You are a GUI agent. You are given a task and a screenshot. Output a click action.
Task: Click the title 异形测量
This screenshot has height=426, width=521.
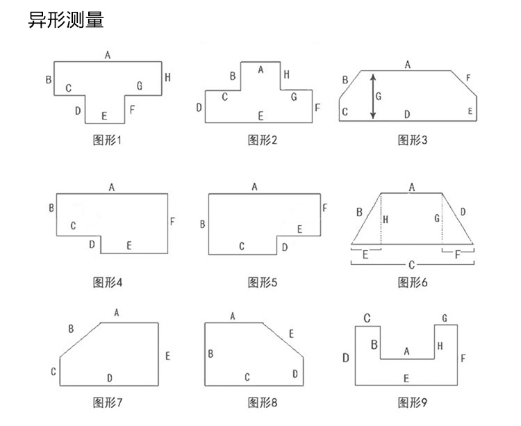[65, 20]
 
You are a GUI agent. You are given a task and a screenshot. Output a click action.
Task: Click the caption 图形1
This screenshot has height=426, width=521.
[107, 140]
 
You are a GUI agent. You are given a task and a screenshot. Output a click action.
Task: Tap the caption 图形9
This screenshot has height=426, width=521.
[413, 402]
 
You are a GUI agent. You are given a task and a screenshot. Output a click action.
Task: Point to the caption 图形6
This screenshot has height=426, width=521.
[413, 282]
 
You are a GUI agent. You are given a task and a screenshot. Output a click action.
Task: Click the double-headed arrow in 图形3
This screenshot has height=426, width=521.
[372, 96]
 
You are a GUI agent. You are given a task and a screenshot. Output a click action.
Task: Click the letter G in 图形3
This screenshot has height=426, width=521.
[379, 97]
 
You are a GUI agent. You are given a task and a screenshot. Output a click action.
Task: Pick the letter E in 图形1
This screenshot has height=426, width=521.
[104, 115]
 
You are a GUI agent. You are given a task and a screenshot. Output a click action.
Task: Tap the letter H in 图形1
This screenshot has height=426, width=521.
[167, 78]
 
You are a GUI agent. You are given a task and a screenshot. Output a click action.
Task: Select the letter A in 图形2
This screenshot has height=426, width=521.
[260, 69]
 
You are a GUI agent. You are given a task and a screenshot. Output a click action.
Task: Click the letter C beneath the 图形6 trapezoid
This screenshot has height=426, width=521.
[412, 265]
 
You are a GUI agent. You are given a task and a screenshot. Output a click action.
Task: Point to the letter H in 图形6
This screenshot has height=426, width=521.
[386, 219]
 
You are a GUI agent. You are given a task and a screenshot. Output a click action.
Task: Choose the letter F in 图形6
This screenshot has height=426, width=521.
[457, 255]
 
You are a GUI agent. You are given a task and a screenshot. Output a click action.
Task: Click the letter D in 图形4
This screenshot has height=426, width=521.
[91, 245]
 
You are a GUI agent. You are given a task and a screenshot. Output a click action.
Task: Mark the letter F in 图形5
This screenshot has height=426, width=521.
[324, 207]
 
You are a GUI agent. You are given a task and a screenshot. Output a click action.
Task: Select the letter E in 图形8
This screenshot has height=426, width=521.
[291, 334]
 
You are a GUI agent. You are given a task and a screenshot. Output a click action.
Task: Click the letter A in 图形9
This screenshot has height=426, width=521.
[406, 352]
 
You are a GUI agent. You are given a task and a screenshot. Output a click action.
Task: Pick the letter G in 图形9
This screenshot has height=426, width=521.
[445, 318]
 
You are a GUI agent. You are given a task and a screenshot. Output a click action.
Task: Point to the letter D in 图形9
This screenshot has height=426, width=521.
[345, 358]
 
